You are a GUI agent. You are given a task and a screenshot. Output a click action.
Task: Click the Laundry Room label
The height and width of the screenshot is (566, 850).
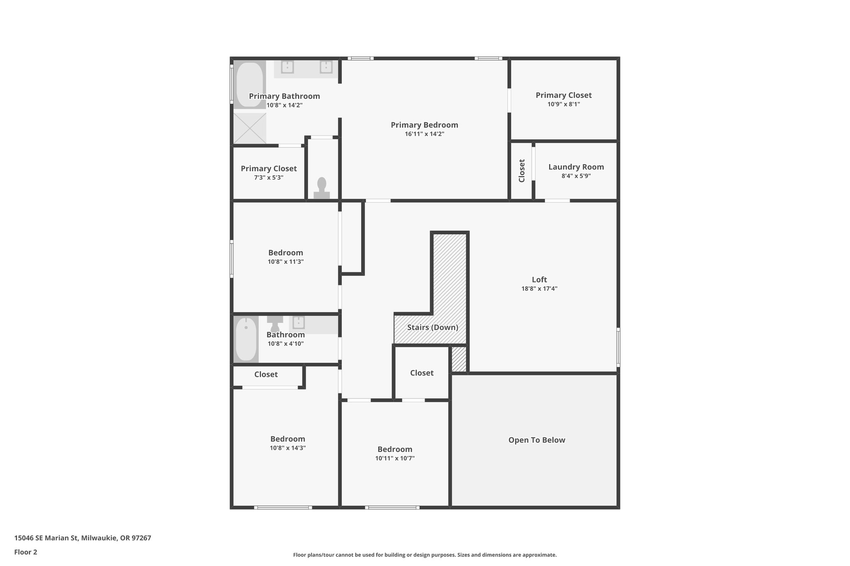tap(576, 167)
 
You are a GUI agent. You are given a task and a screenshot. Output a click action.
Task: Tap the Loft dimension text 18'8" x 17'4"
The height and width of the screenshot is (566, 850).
tap(539, 289)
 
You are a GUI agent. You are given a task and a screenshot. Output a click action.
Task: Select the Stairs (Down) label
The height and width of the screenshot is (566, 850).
tap(432, 327)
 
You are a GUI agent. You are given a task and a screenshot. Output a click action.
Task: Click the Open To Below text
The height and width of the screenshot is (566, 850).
tap(536, 440)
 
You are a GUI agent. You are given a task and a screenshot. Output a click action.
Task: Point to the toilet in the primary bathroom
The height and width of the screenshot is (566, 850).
tap(322, 188)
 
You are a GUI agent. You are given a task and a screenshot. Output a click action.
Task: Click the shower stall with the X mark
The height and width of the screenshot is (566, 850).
tap(249, 128)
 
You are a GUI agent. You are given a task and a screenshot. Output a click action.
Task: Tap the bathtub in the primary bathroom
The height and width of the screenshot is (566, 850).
tap(249, 85)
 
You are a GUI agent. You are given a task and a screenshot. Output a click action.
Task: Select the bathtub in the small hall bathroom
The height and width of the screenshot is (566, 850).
tap(246, 339)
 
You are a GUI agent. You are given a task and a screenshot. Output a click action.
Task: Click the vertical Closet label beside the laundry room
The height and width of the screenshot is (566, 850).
tap(522, 170)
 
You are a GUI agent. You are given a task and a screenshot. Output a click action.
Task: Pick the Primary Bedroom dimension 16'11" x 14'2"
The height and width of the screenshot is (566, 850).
tap(424, 134)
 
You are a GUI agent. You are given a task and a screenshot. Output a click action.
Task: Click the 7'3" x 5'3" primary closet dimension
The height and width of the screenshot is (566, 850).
tap(269, 177)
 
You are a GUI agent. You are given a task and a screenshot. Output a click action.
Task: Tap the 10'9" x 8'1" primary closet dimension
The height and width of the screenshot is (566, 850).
tap(563, 104)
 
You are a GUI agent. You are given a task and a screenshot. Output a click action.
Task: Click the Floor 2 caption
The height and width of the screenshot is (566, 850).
tap(26, 552)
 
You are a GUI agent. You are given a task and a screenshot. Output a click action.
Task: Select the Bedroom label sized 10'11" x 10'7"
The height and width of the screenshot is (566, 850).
tap(395, 449)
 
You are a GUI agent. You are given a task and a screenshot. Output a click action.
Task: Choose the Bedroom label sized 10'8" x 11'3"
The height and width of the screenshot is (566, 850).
tap(286, 253)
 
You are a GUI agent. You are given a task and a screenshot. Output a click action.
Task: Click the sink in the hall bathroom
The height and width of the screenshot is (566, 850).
tap(298, 322)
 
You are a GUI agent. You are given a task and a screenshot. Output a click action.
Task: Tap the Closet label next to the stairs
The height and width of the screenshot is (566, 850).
tap(422, 373)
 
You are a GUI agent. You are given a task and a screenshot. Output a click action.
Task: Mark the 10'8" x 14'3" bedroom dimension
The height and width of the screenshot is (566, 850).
tap(288, 448)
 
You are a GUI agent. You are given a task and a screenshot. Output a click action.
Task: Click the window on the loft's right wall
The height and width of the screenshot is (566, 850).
tap(618, 347)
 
